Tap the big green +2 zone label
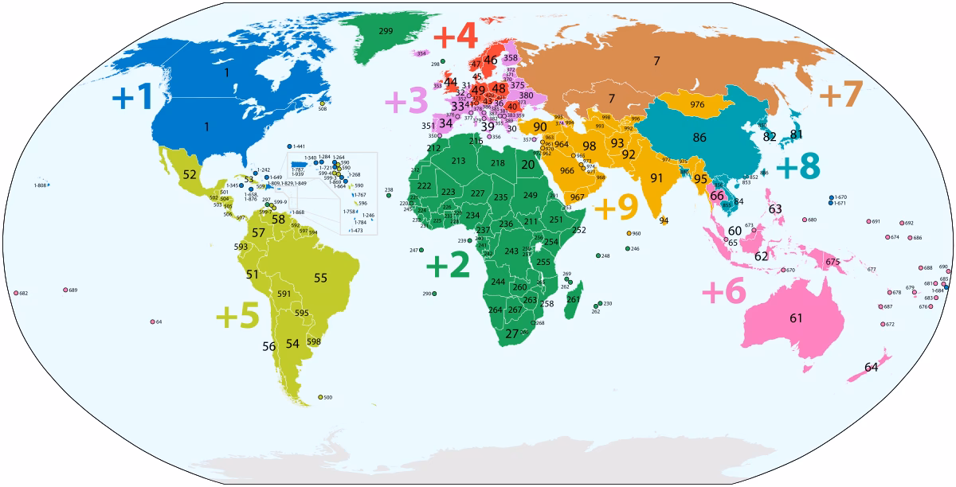click(x=448, y=267)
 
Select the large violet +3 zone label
click(x=406, y=103)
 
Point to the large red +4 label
click(x=455, y=37)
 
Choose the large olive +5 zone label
click(x=237, y=316)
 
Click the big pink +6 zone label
click(x=723, y=292)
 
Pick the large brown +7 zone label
click(x=840, y=95)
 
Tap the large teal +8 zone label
click(x=797, y=168)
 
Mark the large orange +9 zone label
click(x=616, y=208)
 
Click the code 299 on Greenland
click(x=386, y=30)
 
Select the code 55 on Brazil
click(x=321, y=278)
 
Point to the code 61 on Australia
click(x=796, y=318)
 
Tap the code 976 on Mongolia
click(x=697, y=105)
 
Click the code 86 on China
click(x=699, y=137)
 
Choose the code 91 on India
click(x=656, y=177)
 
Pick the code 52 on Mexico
click(x=190, y=173)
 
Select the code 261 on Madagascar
click(x=573, y=299)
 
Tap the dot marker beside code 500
click(x=320, y=397)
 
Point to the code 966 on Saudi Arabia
click(x=567, y=170)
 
